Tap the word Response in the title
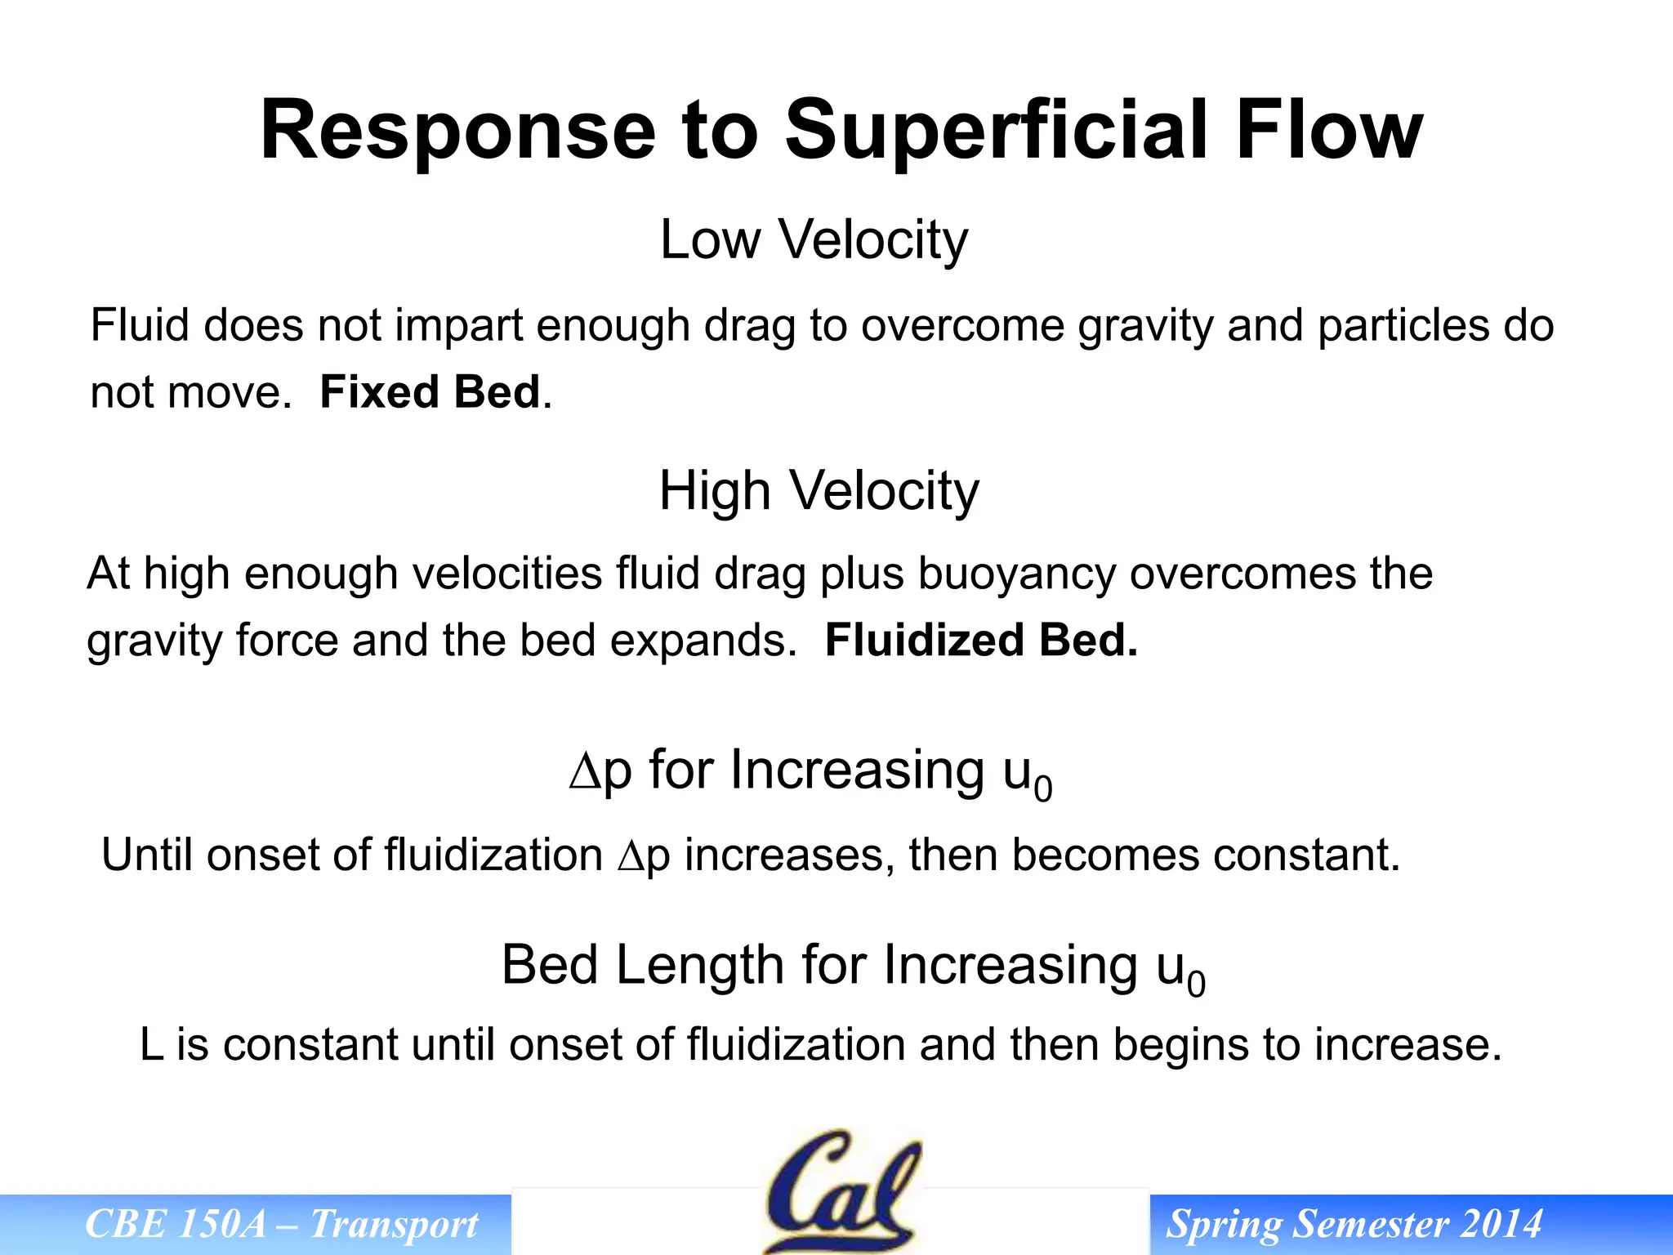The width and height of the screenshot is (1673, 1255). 457,131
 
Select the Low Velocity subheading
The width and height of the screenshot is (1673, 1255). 814,240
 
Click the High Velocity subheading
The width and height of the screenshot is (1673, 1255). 819,491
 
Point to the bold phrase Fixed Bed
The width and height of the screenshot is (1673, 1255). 430,392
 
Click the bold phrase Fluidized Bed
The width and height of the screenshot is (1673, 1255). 981,640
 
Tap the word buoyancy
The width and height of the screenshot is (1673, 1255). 1016,574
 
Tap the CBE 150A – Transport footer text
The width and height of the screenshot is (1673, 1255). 281,1224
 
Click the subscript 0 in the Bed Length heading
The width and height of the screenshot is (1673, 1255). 1196,984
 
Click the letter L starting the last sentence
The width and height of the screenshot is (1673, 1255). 151,1045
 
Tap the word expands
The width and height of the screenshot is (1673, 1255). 703,640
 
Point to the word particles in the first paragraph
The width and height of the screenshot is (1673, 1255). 1403,326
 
